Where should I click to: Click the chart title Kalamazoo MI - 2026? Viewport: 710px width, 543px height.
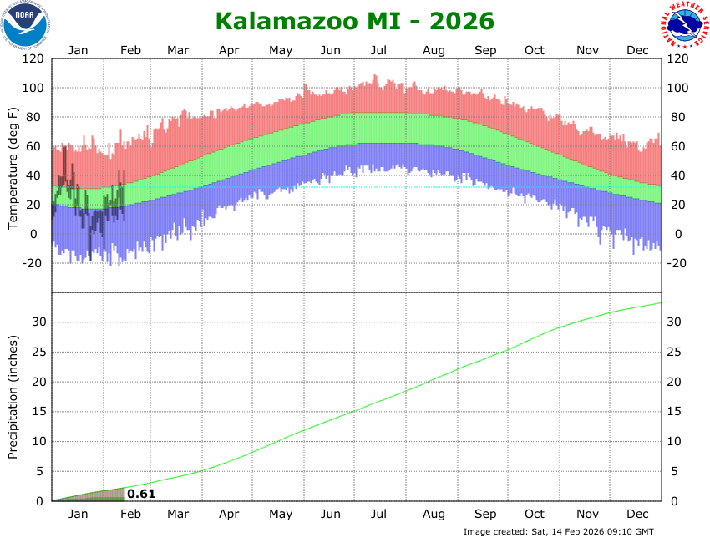354,21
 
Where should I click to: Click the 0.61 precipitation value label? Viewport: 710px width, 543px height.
141,494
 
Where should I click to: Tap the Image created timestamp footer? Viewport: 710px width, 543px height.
558,531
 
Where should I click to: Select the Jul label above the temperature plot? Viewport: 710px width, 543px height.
379,50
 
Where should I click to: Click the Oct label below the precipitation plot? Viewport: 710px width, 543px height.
535,514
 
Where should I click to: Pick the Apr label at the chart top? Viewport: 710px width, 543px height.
230,50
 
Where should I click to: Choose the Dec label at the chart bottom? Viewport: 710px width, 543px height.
638,514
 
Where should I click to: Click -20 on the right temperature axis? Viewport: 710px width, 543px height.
677,263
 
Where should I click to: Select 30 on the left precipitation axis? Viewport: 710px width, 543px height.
37,322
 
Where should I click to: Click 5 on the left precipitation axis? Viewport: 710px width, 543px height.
40,471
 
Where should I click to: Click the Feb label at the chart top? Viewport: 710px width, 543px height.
129,50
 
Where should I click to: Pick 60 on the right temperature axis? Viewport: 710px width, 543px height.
676,147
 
